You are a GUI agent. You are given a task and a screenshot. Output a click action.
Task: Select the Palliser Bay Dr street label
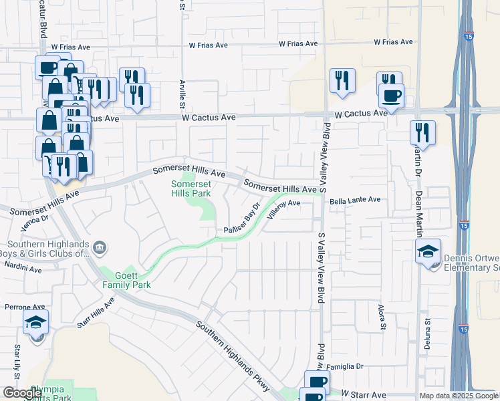coord(241,219)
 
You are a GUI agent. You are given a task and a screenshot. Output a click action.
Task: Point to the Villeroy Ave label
coord(283,209)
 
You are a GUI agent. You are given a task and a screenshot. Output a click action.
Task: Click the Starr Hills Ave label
coord(96,312)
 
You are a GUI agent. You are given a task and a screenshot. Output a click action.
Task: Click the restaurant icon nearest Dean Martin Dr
coord(423,132)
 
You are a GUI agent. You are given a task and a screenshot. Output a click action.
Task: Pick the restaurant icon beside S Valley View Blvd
coord(342,80)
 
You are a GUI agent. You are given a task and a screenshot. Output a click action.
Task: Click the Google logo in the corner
coord(22,393)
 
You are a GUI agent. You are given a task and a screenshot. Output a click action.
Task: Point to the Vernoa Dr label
coord(35,222)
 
